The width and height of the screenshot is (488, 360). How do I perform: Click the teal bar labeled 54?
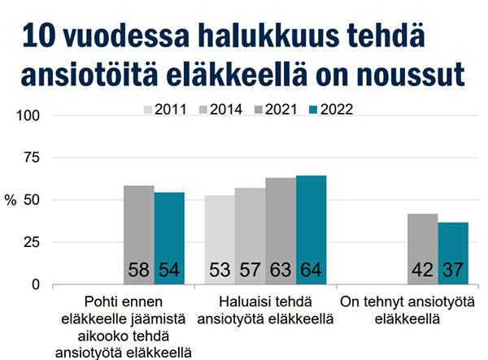click(169, 238)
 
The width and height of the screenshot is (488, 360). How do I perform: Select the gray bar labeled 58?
click(138, 235)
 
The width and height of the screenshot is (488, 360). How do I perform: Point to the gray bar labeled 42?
click(422, 249)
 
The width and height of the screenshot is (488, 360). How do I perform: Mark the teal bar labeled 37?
click(453, 253)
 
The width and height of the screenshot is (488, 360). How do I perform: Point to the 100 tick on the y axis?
click(29, 115)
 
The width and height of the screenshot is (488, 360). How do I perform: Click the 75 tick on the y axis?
click(33, 158)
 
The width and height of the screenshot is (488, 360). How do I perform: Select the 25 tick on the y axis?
click(33, 242)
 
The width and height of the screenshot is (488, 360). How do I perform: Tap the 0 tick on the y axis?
click(37, 284)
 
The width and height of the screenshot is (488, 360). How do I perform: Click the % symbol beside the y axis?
click(11, 201)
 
